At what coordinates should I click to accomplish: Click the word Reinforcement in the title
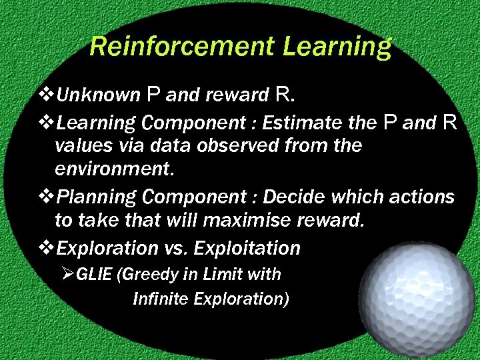182,47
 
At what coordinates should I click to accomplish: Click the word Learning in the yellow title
337,47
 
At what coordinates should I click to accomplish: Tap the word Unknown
98,96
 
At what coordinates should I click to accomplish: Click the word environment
113,169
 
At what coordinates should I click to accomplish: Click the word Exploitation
247,249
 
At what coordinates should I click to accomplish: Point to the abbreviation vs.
175,249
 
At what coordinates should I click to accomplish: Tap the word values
78,145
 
